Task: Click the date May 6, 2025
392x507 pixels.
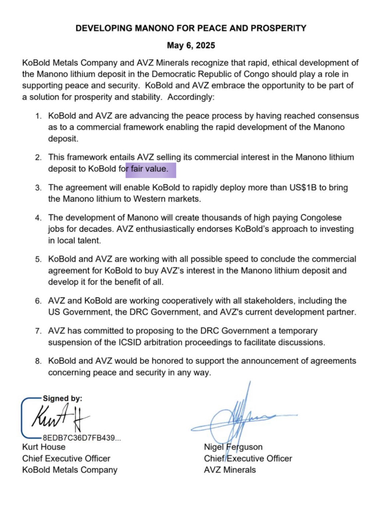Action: point(191,45)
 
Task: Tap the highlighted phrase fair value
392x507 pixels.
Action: point(149,169)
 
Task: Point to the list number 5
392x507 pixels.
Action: point(38,259)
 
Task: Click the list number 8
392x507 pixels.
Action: point(38,361)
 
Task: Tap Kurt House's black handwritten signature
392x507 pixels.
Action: point(60,417)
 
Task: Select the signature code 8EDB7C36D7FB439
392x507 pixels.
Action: point(79,438)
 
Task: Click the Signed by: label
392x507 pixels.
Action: point(62,398)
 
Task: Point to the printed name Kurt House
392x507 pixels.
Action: point(44,447)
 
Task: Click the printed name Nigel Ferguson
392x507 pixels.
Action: point(233,447)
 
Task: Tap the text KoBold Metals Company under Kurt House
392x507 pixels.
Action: point(70,470)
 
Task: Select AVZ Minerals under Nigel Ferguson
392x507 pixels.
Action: point(230,470)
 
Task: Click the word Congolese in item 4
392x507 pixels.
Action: point(321,218)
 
